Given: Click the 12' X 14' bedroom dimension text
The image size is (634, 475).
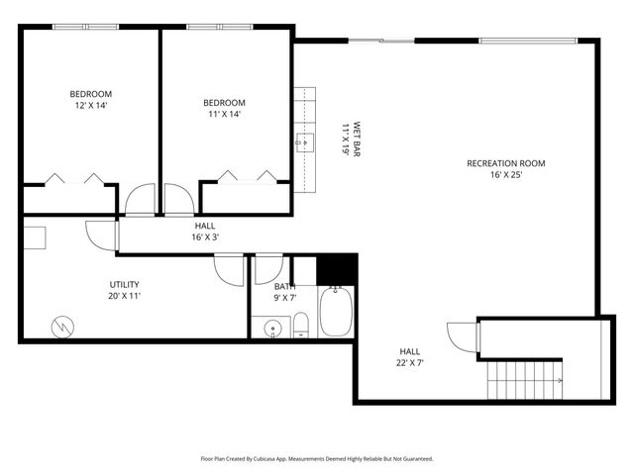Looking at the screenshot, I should pyautogui.click(x=88, y=105).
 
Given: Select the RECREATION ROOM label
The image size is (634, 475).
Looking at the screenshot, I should pyautogui.click(x=505, y=163).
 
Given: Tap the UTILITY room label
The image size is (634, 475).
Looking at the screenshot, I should pyautogui.click(x=125, y=284).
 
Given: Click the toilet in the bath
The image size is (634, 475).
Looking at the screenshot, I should pyautogui.click(x=301, y=324).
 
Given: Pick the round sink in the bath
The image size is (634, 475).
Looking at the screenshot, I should pyautogui.click(x=271, y=328).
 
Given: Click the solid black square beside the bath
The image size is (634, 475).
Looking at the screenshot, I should pyautogui.click(x=337, y=268).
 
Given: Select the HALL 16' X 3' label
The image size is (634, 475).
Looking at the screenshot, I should pyautogui.click(x=204, y=232).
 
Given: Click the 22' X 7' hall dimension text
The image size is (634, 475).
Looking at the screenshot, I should pyautogui.click(x=409, y=363).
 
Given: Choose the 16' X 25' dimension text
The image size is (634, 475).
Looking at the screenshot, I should pyautogui.click(x=505, y=175).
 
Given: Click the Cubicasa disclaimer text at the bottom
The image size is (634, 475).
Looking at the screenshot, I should pyautogui.click(x=316, y=459).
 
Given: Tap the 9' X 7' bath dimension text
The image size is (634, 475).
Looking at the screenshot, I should pyautogui.click(x=285, y=298).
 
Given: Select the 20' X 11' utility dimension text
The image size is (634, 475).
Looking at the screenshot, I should pyautogui.click(x=125, y=296).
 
